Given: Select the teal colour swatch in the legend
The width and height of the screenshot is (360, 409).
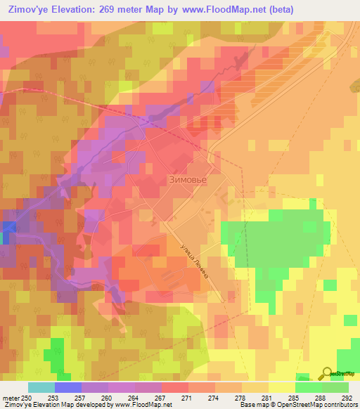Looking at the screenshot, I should [41, 388].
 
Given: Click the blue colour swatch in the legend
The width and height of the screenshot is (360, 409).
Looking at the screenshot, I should [68, 388].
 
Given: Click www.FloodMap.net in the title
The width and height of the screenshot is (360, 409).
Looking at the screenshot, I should [218, 9].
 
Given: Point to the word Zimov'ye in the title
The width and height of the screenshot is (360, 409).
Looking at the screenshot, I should [29, 9].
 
